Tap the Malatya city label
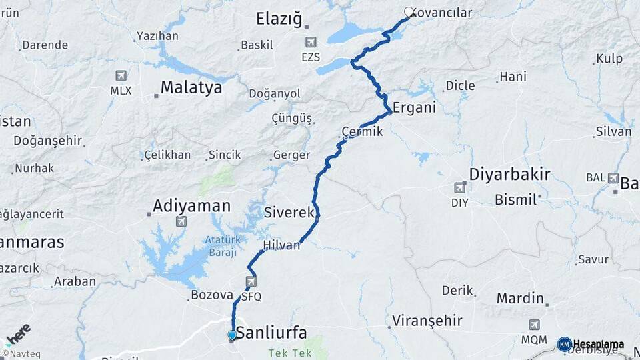(x=191, y=88)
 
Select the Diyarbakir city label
(x=509, y=175)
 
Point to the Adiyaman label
(x=191, y=206)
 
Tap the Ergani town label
(x=414, y=107)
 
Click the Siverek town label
(x=289, y=213)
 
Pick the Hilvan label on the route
(x=282, y=245)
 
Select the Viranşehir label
(x=427, y=321)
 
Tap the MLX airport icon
(x=121, y=76)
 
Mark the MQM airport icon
(x=534, y=325)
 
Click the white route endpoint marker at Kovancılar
(x=409, y=11)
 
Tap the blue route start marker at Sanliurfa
(x=232, y=335)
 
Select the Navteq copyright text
(x=19, y=353)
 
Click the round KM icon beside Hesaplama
(x=564, y=344)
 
